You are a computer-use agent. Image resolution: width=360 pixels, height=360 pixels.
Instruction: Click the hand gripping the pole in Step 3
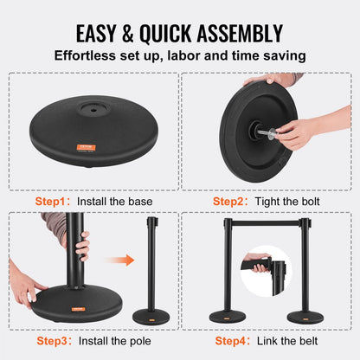[82, 247]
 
